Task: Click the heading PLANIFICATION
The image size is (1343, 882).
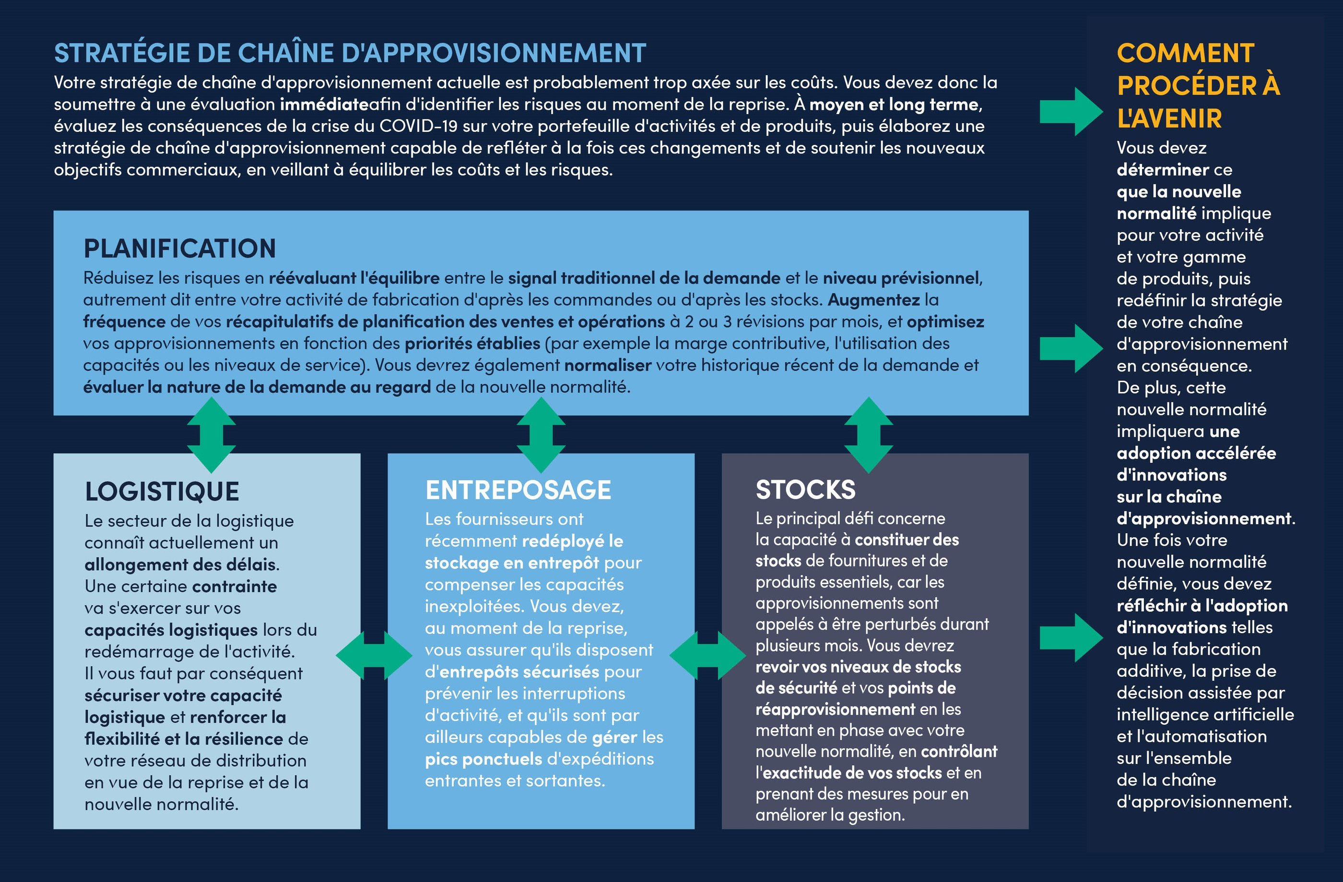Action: click(179, 249)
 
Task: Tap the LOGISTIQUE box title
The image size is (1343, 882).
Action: click(162, 492)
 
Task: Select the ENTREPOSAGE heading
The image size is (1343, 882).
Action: click(518, 490)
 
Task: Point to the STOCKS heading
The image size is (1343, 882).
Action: click(805, 490)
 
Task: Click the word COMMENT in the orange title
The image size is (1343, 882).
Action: click(1186, 54)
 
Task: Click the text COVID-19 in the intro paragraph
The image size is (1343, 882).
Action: click(418, 126)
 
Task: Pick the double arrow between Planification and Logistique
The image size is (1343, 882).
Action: click(211, 435)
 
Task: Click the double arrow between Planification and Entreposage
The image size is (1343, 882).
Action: click(541, 435)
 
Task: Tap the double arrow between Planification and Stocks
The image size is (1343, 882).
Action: click(869, 435)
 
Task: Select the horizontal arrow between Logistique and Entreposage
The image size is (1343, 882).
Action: click(374, 655)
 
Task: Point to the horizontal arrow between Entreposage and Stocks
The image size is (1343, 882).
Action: click(707, 655)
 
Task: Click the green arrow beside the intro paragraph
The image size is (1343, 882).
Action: click(1071, 111)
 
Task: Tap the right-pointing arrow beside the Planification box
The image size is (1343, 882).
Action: click(1071, 348)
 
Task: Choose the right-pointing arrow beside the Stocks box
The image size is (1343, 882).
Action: click(1071, 638)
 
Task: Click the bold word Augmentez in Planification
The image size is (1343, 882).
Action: click(873, 300)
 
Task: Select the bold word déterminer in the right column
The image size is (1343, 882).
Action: click(1163, 170)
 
